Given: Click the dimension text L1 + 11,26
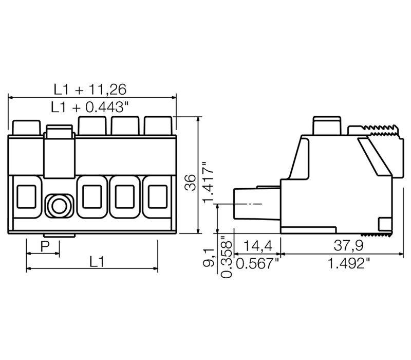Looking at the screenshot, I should coord(90,89).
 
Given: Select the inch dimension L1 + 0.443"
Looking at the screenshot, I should coord(90,107).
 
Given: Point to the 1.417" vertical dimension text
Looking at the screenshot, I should coord(207,183).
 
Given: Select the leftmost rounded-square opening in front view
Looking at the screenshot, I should coord(27,196).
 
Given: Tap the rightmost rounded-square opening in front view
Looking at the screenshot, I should coord(157,196).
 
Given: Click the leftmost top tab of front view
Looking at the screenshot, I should coord(26,127).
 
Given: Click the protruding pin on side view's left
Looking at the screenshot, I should coord(251,204).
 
